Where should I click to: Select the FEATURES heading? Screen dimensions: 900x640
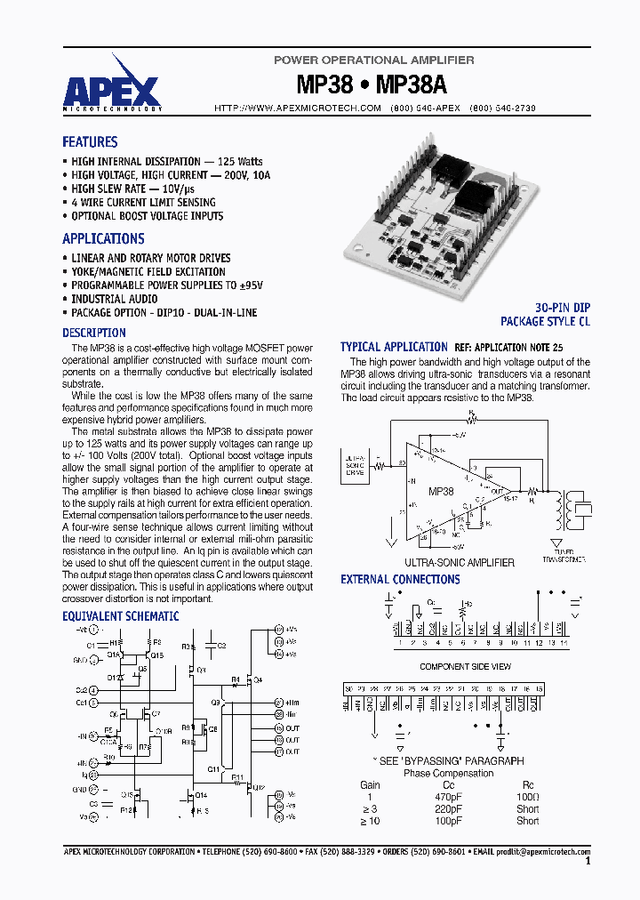coord(90,142)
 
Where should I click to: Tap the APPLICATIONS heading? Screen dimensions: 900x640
coord(103,238)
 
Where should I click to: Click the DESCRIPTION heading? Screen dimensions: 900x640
coord(93,333)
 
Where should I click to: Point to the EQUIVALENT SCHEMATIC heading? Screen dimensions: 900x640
coord(120,615)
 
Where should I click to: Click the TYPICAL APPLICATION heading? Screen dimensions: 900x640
coord(394,347)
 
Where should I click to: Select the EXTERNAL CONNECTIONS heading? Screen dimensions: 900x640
coord(400,580)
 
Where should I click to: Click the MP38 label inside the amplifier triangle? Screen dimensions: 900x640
coord(440,491)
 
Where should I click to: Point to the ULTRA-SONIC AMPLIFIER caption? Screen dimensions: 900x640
coord(460,562)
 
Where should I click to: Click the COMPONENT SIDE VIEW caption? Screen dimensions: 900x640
coord(464,666)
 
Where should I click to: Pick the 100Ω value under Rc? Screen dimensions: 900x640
coord(527,797)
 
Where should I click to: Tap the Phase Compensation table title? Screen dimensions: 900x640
coord(448,773)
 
